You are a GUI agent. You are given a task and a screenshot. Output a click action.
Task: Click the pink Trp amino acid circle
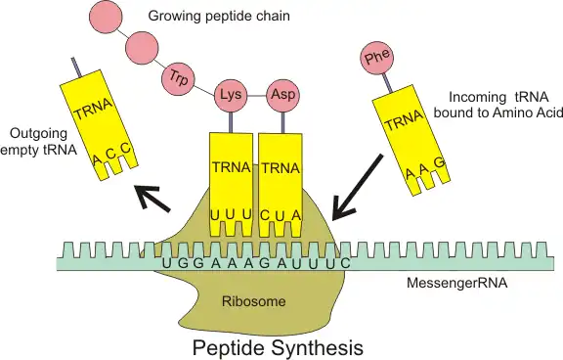coord(177,75)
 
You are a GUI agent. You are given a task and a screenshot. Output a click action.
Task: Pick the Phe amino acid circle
coord(376,59)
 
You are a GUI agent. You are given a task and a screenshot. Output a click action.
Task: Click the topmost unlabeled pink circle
coord(107,16)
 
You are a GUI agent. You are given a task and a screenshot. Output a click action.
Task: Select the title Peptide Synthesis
coord(278,346)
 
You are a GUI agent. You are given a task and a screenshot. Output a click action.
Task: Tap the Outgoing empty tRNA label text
coord(36,141)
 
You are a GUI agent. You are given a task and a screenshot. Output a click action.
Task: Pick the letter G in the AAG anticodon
coord(439,161)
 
